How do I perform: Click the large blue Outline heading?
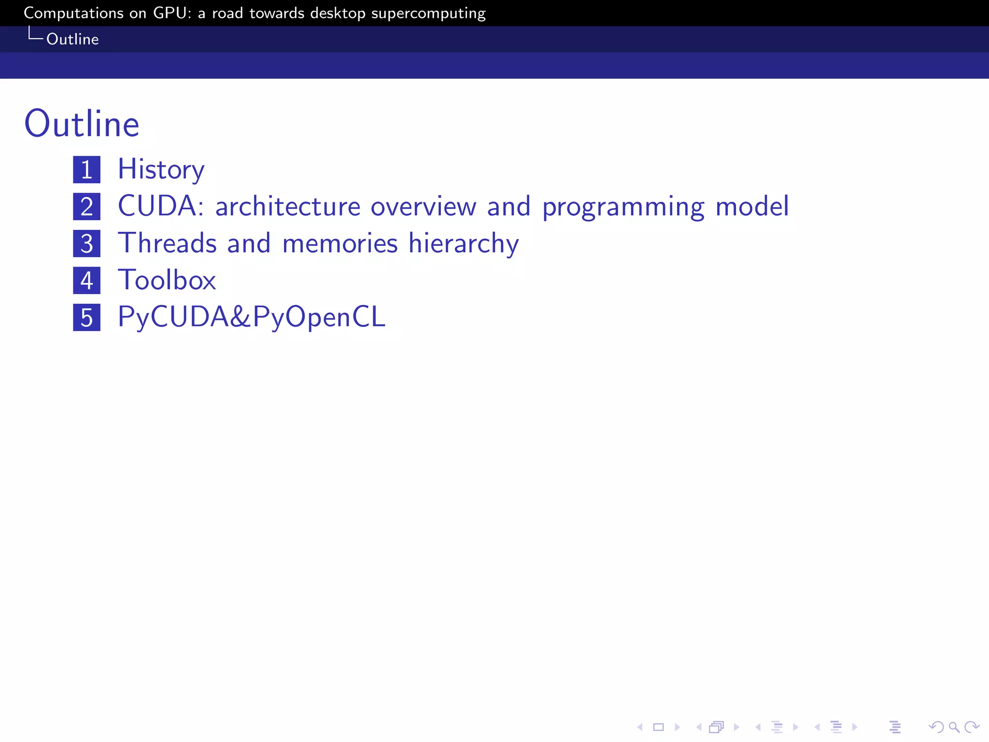coord(82,124)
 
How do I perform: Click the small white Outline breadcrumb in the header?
coord(72,39)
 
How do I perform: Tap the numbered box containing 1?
coord(87,170)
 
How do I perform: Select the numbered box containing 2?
coord(87,207)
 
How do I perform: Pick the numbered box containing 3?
coord(87,243)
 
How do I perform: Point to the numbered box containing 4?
coord(87,281)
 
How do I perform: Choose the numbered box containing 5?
coord(87,317)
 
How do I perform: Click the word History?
coord(161,170)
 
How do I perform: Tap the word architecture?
coord(288,207)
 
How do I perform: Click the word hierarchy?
coord(464,243)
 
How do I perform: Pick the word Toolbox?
coord(167,280)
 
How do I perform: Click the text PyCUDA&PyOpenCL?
coord(252,317)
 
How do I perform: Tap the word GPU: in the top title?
coord(172,13)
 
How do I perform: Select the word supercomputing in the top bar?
coord(428,14)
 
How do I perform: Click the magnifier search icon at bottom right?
coord(954,727)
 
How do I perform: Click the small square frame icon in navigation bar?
coord(659,727)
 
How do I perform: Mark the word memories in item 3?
coord(340,243)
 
